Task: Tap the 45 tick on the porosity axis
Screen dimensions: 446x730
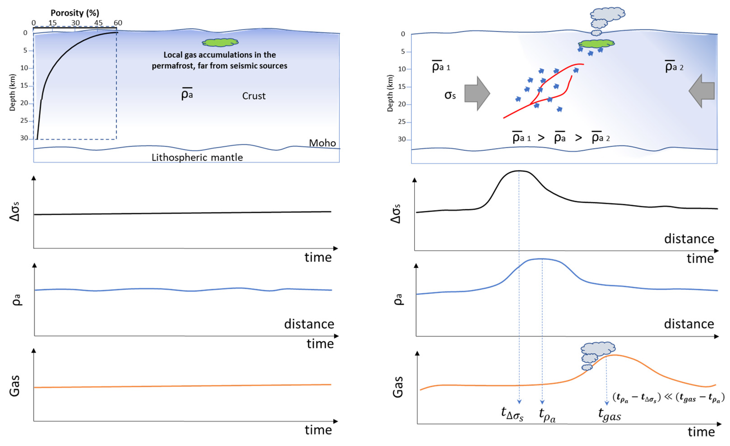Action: [98, 23]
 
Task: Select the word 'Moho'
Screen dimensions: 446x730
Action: [322, 143]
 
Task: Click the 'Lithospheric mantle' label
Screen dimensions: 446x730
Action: [197, 157]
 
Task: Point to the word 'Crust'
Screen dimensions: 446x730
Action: [254, 96]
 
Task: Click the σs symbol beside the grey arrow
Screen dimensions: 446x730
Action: [450, 95]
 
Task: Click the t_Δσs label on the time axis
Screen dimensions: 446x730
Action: [512, 413]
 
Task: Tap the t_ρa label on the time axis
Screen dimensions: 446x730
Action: [547, 414]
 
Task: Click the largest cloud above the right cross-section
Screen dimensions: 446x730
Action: [607, 13]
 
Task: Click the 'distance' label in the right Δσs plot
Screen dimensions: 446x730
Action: [689, 238]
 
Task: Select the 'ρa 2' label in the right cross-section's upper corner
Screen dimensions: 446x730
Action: [674, 67]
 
